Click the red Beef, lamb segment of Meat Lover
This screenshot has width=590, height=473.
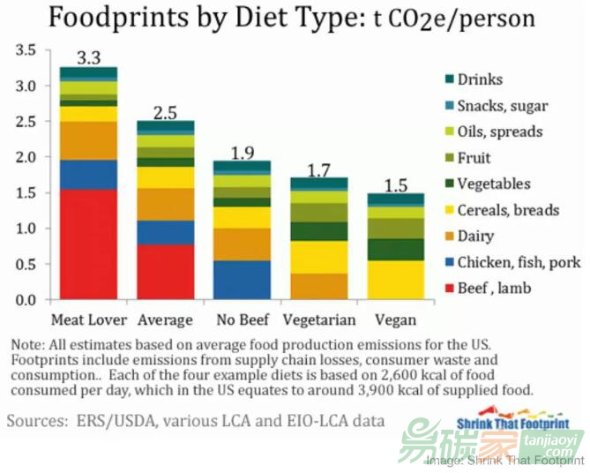click(x=88, y=244)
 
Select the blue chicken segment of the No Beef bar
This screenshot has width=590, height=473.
click(x=243, y=280)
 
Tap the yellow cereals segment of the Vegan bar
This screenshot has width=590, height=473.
click(x=396, y=280)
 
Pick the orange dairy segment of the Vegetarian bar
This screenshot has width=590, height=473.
click(x=319, y=286)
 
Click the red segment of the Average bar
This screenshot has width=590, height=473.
click(x=165, y=272)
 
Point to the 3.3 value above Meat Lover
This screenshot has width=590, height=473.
click(x=88, y=59)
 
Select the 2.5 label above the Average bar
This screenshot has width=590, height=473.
click(x=165, y=113)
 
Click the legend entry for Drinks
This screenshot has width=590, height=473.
click(x=480, y=79)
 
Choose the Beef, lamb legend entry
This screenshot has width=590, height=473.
click(x=494, y=289)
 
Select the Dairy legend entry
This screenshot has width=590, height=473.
click(x=475, y=236)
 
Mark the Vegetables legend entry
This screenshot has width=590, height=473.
click(x=494, y=184)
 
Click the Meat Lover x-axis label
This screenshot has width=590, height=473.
click(x=89, y=319)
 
